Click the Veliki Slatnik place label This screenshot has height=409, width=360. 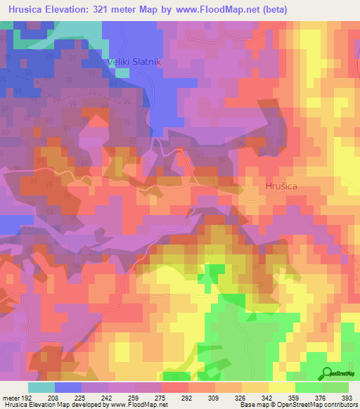(134, 62)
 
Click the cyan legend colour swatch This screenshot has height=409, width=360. (41, 387)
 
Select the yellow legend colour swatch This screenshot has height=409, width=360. (282, 387)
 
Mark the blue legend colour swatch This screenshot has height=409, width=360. (68, 387)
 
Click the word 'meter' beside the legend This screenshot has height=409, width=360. (11, 398)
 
